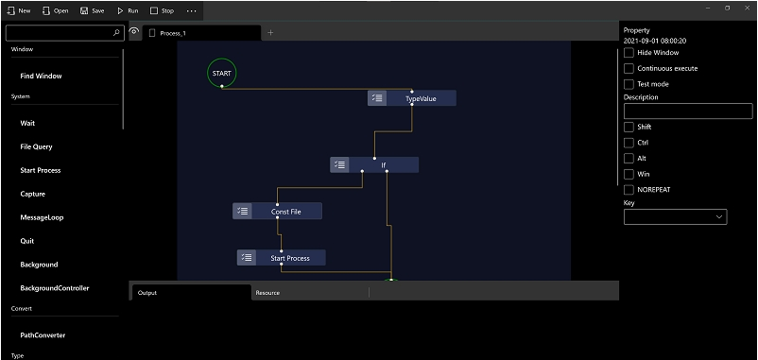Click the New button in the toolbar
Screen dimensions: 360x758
pos(19,10)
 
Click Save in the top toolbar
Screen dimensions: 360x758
pos(92,10)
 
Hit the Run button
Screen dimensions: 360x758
pos(128,10)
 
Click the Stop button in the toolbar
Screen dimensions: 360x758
pos(162,10)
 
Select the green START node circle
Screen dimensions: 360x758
pos(221,73)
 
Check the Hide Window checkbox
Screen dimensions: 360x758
pos(629,53)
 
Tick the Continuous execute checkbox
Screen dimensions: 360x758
pos(629,68)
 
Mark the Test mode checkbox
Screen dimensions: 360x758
pos(629,84)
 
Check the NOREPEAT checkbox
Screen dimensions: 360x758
pos(629,189)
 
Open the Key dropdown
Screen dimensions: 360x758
pos(675,216)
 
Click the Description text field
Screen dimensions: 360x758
pos(675,111)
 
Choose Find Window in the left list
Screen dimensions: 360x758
pos(41,76)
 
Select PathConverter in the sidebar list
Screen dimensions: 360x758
pos(43,334)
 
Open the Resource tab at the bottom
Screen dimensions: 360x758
pos(267,293)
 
